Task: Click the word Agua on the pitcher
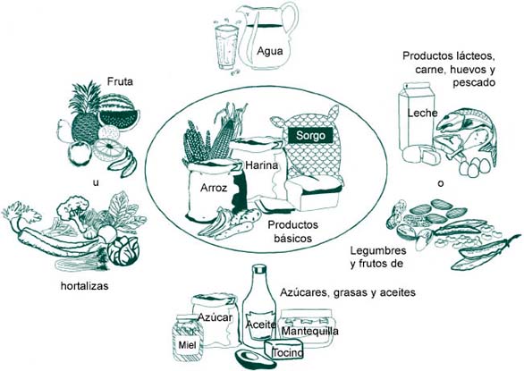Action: click(270, 52)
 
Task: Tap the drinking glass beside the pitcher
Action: click(226, 47)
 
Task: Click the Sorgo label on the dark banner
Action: click(310, 135)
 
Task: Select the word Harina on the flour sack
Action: click(262, 165)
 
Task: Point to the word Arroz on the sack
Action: click(214, 188)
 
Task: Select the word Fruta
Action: click(120, 81)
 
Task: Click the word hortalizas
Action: click(85, 286)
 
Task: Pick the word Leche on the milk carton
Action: click(422, 113)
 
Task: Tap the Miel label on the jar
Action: click(188, 344)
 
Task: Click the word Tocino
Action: click(288, 352)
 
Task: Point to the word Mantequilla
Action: click(310, 331)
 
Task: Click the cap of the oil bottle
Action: click(259, 269)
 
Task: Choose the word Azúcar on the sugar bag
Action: click(215, 317)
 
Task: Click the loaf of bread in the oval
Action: click(314, 193)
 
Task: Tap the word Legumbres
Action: click(378, 250)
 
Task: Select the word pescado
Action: click(474, 83)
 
